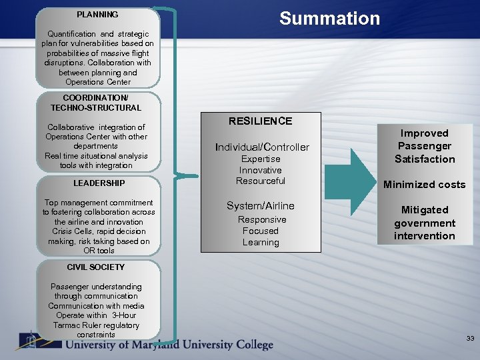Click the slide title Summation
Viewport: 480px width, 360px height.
click(329, 19)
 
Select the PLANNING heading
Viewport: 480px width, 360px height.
click(97, 15)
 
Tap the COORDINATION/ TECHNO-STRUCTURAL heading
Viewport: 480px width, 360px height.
click(96, 103)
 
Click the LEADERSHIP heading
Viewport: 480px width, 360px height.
click(99, 183)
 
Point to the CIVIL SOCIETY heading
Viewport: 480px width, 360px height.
click(96, 267)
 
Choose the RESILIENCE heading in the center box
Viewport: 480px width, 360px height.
click(260, 121)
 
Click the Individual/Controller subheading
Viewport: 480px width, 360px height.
click(261, 147)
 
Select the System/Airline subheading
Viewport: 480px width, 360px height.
click(260, 206)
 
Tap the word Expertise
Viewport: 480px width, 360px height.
click(261, 159)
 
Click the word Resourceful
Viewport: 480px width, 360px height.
click(261, 181)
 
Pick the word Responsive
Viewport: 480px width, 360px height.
click(261, 219)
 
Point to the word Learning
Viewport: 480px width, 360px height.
click(261, 243)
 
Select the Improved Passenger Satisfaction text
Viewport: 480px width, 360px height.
click(425, 146)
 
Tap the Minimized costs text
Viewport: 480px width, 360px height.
click(424, 185)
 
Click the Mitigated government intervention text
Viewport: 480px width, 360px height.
click(424, 223)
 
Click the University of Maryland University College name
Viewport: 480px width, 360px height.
click(169, 345)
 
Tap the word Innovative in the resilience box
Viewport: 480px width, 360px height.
click(261, 170)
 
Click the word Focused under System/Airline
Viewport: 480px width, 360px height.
click(261, 231)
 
